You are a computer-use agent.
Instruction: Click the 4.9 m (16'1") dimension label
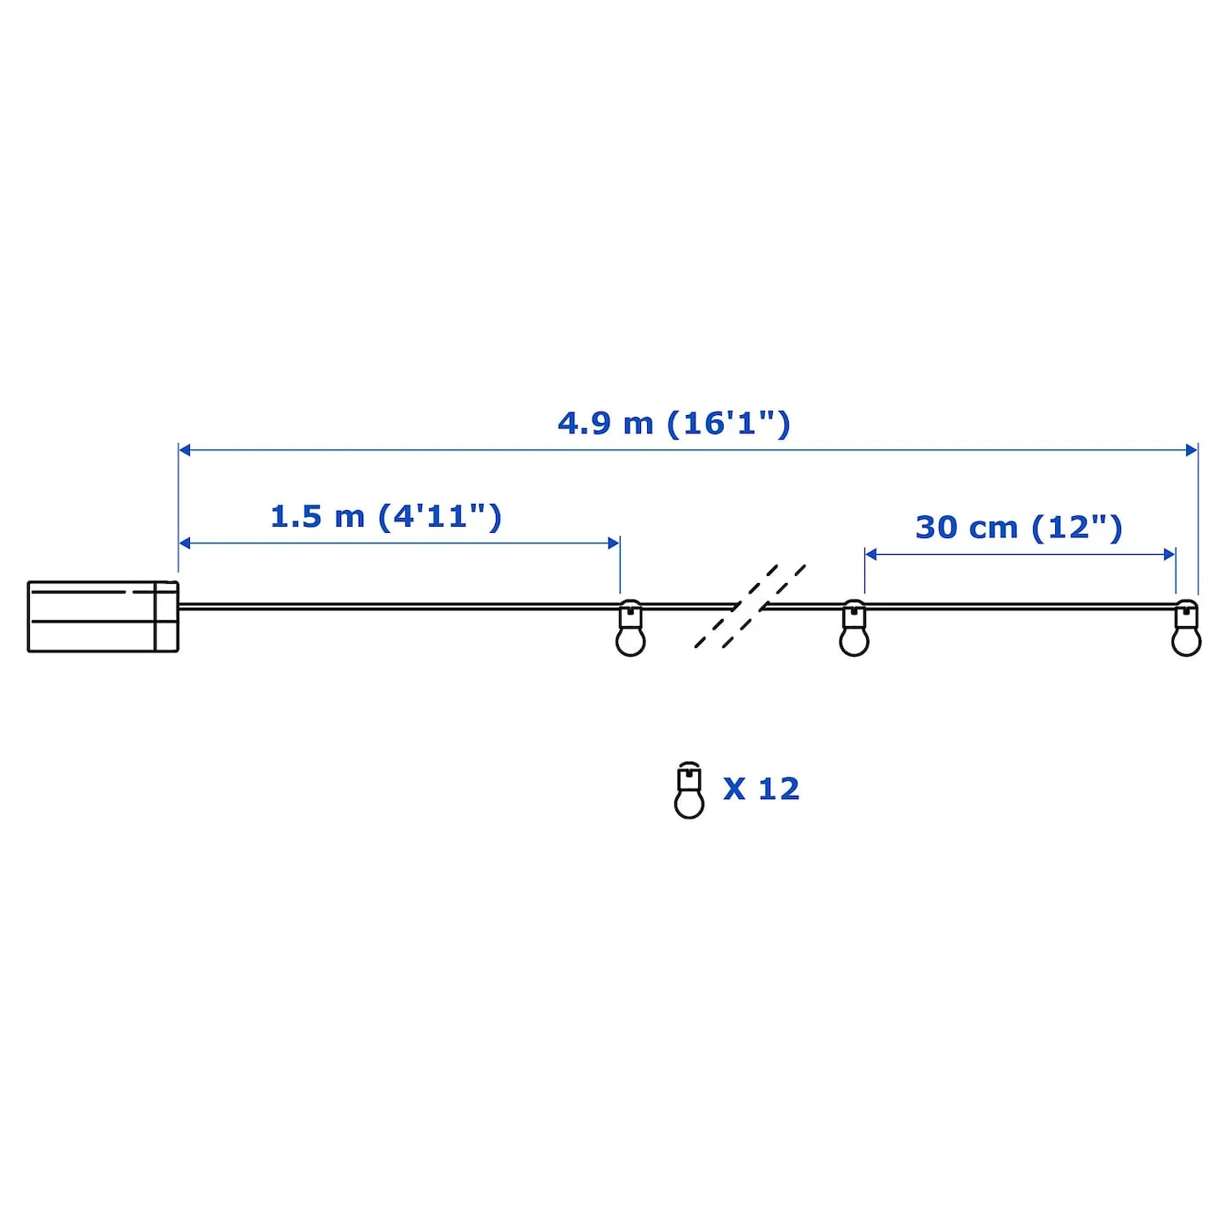674,424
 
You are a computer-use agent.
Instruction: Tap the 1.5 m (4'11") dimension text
386,516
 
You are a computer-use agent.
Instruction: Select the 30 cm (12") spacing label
1018,528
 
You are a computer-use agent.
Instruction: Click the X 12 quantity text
761,789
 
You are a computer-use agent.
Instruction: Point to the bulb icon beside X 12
688,790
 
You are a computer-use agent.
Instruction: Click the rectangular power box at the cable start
103,616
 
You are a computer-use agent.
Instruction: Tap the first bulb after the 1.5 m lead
630,628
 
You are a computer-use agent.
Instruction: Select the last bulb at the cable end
1186,628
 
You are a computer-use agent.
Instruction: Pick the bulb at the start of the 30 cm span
854,628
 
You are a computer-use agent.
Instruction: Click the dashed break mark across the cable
749,606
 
